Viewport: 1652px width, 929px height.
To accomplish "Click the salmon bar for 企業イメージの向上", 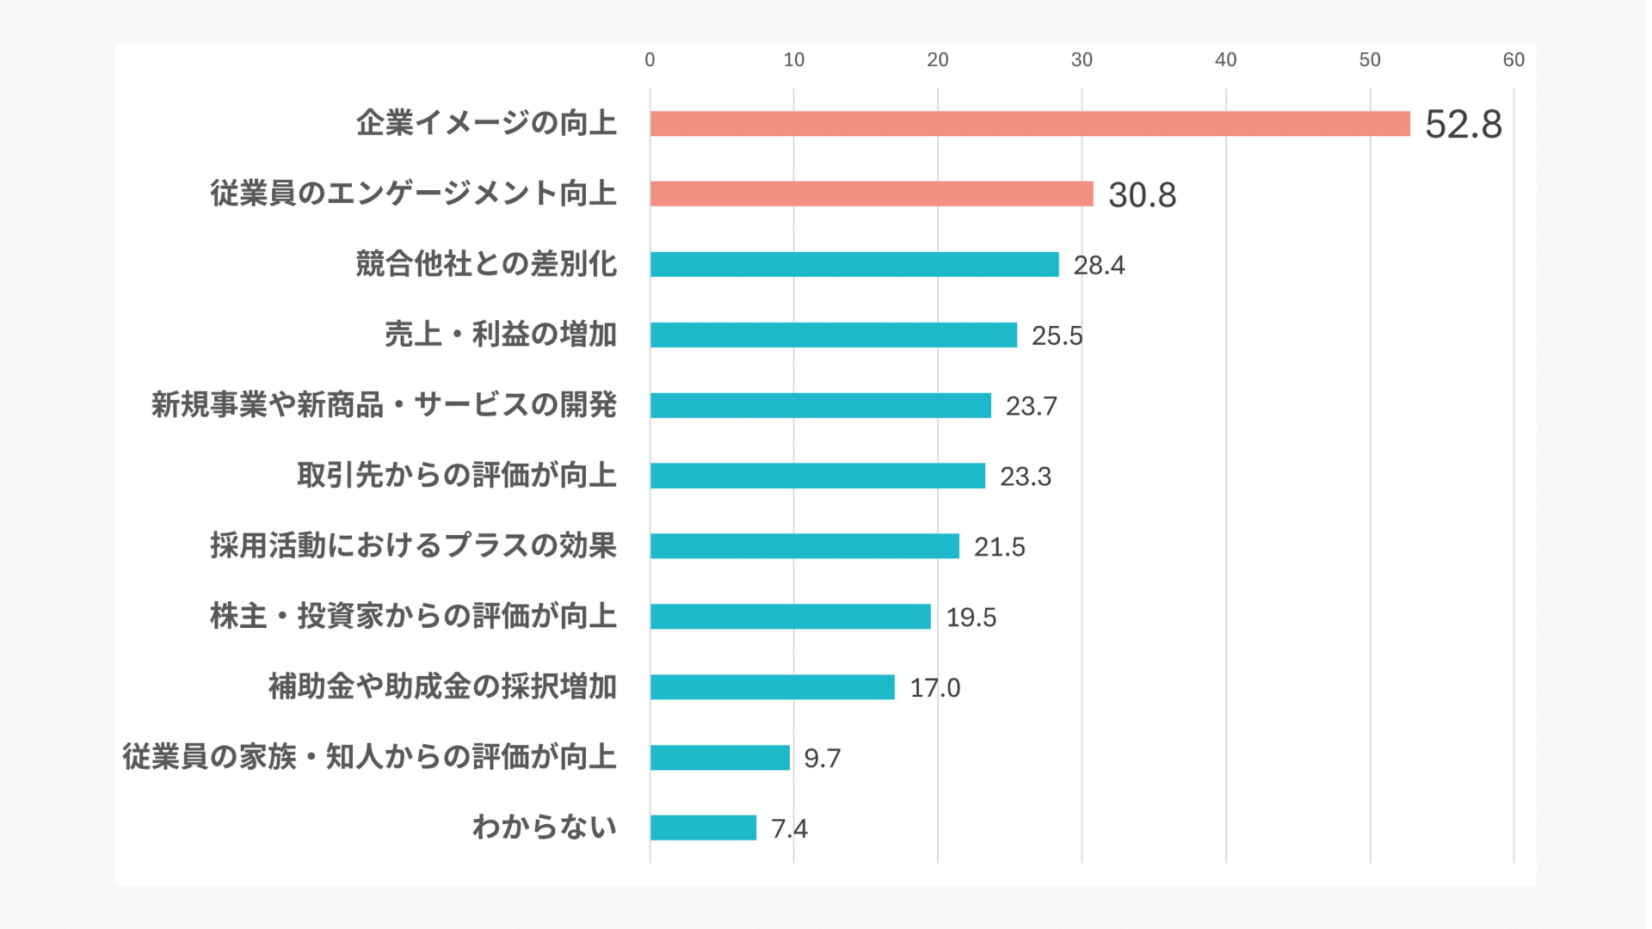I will coord(1029,124).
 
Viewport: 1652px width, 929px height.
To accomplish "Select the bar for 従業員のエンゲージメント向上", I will coord(871,194).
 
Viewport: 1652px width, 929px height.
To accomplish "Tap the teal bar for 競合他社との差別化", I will coord(854,264).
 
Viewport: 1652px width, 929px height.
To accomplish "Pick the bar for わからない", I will coord(703,827).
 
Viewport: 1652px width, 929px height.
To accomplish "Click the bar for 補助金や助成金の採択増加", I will coord(772,687).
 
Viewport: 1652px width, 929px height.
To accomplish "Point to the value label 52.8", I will coord(1463,125).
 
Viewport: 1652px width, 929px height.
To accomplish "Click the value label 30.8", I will coord(1142,195).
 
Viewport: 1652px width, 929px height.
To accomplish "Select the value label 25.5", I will coord(1057,335).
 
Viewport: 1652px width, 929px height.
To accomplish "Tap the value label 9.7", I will coord(822,758).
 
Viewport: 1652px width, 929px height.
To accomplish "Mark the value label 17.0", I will coord(934,688).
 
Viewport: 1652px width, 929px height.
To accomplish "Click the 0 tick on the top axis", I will coord(650,59).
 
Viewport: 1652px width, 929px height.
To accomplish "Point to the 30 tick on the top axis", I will coord(1082,59).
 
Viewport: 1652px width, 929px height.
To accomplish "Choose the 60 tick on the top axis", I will coord(1513,59).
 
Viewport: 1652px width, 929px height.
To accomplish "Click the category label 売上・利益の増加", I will coord(501,334).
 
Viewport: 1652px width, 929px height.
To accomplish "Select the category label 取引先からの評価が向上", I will coord(457,475).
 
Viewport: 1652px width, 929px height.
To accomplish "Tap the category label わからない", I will coord(545,827).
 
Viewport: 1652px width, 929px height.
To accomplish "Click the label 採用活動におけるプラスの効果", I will coord(414,545).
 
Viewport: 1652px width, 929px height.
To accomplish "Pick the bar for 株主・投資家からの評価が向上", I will coord(790,617).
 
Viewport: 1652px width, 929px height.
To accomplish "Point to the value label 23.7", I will coord(1031,406).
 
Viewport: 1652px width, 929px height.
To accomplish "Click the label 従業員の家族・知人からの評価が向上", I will coord(370,757).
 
